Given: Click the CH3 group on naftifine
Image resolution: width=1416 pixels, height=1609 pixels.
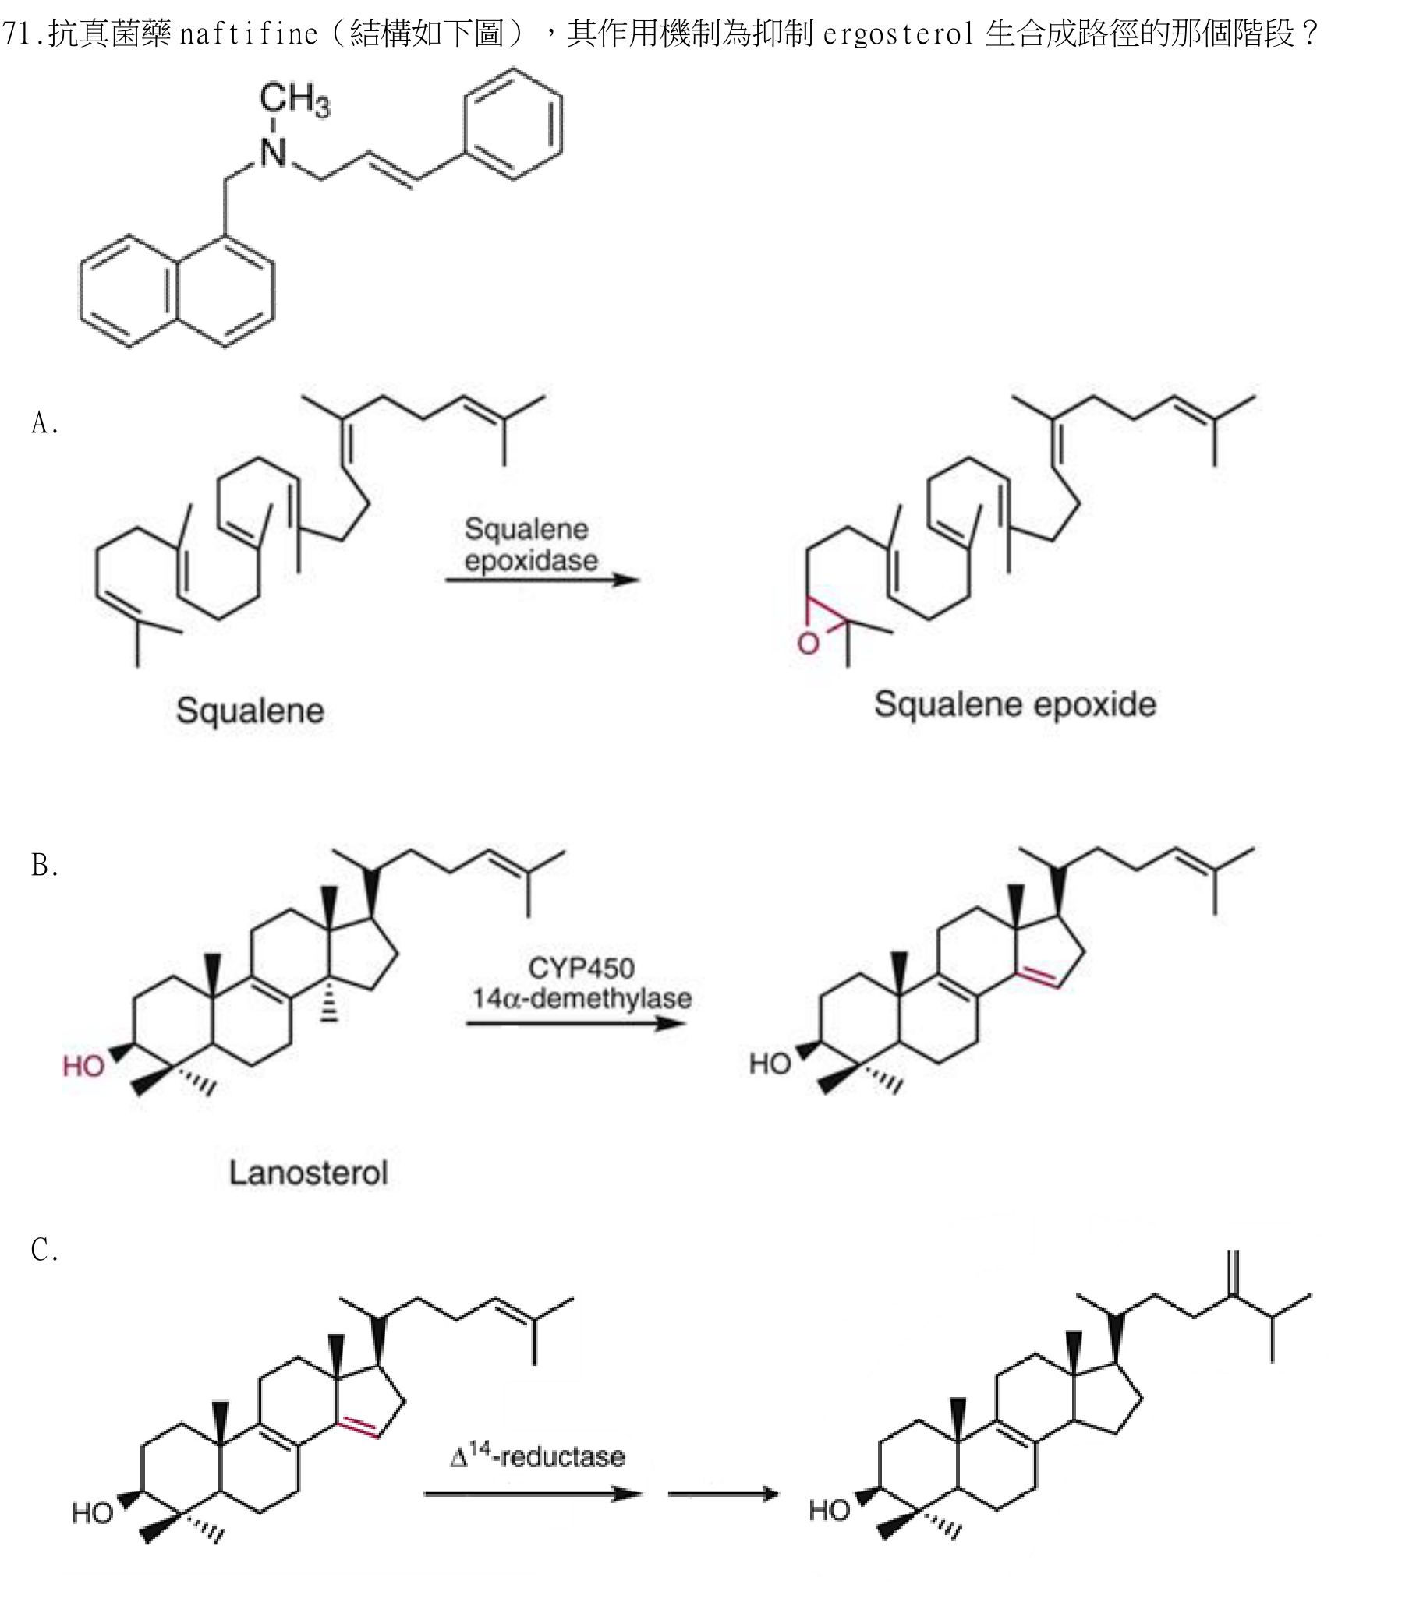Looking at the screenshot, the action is [x=295, y=100].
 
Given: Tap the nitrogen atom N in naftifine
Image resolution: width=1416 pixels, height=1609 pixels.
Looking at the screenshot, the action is [x=273, y=152].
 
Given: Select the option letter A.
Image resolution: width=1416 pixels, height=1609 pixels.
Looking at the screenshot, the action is [x=44, y=424].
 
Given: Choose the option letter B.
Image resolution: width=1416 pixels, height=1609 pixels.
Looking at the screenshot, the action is [x=44, y=865].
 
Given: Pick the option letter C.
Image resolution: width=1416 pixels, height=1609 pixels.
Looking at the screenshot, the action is [x=44, y=1249].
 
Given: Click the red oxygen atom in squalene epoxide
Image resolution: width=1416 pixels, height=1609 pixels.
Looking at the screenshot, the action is [x=808, y=644].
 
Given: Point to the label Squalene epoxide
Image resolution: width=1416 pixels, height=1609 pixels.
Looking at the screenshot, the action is [x=1015, y=704].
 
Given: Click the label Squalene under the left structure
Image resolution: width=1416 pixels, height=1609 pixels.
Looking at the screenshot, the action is [x=250, y=710].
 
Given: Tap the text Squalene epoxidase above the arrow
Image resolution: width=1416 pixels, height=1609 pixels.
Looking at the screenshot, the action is [x=530, y=545].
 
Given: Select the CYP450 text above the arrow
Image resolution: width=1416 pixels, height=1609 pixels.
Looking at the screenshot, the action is [x=581, y=968].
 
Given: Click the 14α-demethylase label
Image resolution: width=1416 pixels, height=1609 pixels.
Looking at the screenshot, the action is [x=582, y=998].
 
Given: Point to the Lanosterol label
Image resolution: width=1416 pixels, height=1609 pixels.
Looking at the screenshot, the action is [x=309, y=1173].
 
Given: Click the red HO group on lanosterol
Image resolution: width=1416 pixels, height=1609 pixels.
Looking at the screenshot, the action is [x=83, y=1067].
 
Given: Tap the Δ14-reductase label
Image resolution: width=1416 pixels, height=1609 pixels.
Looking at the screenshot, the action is [x=538, y=1456].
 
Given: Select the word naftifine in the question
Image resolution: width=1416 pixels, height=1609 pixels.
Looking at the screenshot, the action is [x=248, y=34].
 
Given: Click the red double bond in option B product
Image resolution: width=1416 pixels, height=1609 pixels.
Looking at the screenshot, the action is [x=1038, y=978].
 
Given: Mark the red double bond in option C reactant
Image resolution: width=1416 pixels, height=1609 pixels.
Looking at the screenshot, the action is [x=359, y=1427].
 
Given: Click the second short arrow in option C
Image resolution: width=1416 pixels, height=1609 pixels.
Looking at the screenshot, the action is [x=723, y=1493].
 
